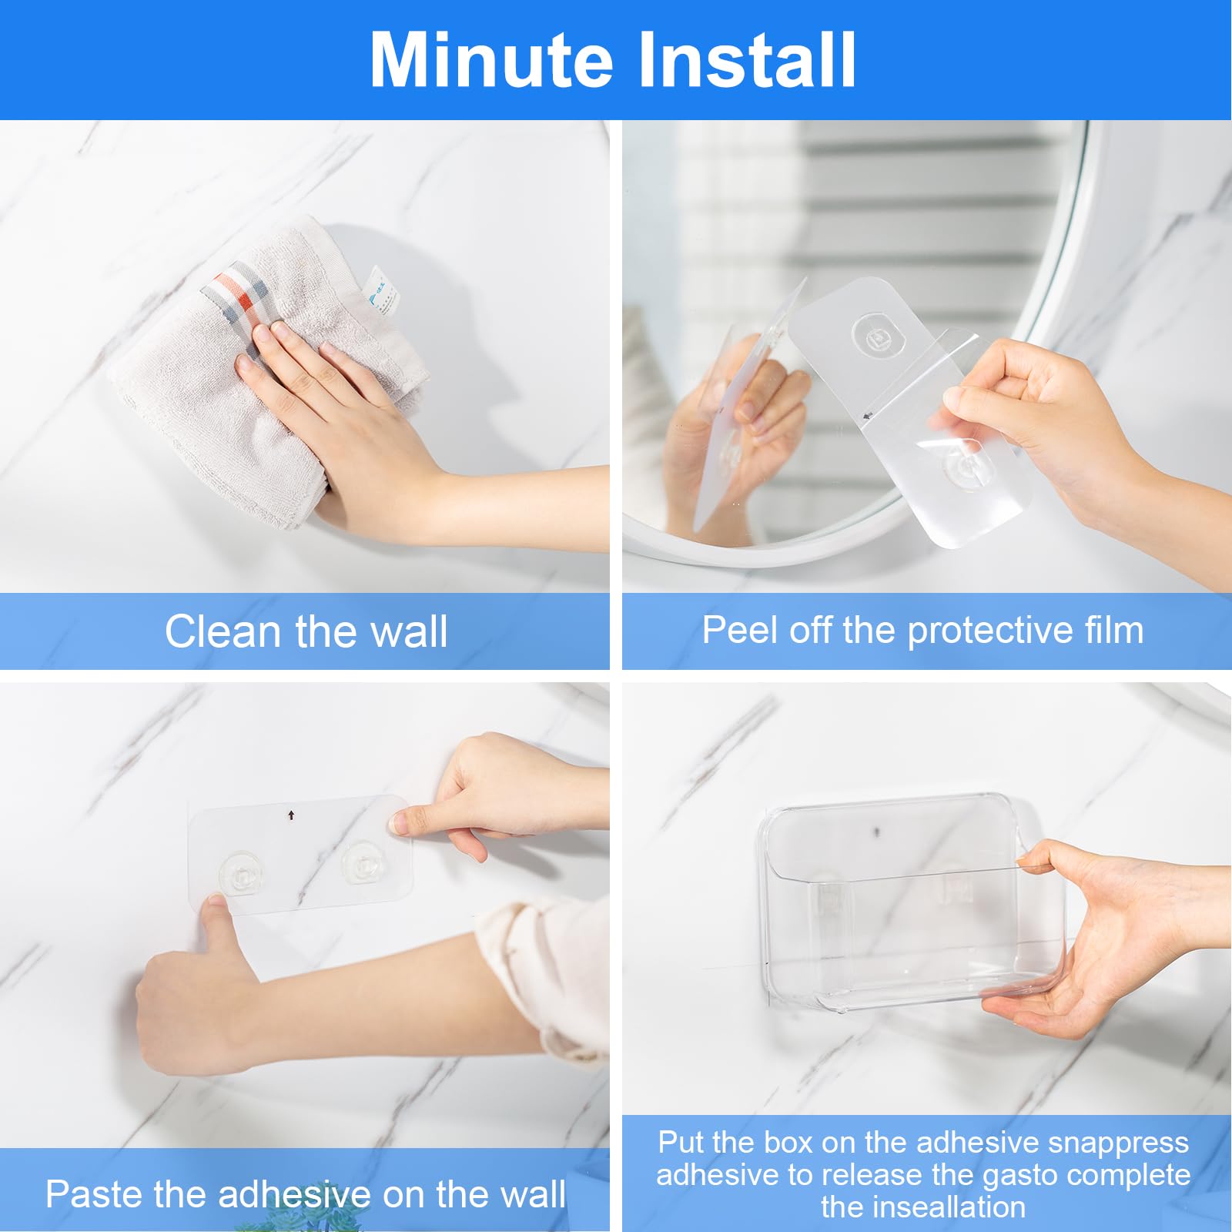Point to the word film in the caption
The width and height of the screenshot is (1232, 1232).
1113,631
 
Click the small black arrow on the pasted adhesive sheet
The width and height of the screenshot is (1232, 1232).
291,815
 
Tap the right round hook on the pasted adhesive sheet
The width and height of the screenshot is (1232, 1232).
363,862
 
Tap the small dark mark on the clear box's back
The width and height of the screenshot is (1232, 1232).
876,832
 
